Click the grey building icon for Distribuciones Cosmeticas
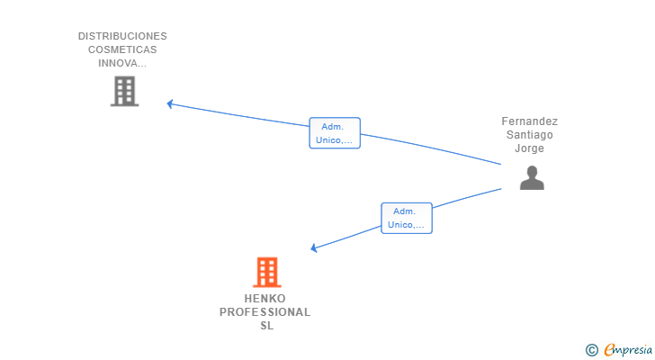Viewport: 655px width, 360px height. [x=124, y=91]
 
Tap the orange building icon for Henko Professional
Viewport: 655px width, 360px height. [x=266, y=272]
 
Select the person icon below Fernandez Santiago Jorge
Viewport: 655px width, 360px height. [x=532, y=178]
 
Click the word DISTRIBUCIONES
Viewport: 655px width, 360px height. [x=122, y=36]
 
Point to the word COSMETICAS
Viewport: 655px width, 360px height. [x=122, y=49]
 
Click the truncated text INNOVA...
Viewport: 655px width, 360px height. [x=122, y=63]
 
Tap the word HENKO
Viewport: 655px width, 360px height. [x=265, y=299]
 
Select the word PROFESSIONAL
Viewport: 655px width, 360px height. [x=265, y=312]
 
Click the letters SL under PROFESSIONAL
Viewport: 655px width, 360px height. [x=266, y=326]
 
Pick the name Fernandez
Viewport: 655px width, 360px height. [x=530, y=121]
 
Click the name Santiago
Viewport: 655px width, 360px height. [x=530, y=135]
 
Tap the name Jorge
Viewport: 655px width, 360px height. [x=530, y=148]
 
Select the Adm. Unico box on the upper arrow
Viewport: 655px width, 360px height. [x=335, y=133]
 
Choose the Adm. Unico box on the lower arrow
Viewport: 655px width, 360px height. [x=407, y=218]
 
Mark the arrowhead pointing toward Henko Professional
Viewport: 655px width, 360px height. [x=314, y=247]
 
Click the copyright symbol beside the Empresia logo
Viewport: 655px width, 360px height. [x=591, y=349]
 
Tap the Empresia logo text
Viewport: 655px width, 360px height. [x=630, y=349]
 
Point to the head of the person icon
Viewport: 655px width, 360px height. [x=532, y=172]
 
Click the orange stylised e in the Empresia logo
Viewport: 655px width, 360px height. [x=609, y=349]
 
